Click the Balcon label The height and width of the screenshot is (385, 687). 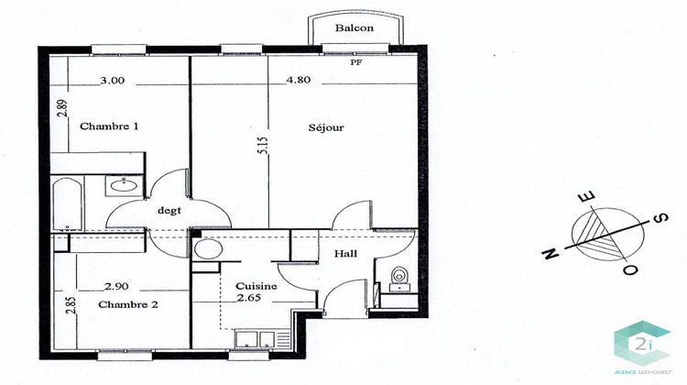354,28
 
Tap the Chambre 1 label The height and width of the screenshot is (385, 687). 109,126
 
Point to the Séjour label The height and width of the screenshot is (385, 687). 325,127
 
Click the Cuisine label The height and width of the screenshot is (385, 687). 250,285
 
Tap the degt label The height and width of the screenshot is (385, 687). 169,209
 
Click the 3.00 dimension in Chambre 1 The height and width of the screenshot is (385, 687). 112,80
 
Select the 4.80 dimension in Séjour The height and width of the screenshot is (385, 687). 299,80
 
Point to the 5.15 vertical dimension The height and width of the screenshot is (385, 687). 262,146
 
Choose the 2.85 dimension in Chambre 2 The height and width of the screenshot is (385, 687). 71,305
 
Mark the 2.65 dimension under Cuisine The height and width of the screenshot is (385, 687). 249,298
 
